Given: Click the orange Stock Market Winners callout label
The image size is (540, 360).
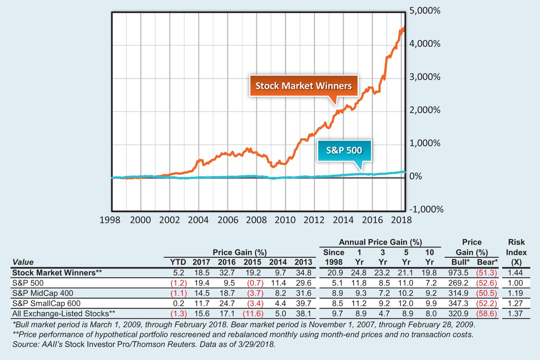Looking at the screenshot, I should point(303,86).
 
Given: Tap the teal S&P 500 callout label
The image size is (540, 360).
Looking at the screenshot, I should point(344,150).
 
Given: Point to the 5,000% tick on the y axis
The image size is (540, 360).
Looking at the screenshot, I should point(425,11).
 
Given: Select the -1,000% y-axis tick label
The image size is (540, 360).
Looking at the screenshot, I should point(427,210).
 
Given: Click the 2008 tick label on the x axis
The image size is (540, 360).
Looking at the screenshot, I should point(256,220).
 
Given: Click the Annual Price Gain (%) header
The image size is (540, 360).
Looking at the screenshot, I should point(380,242).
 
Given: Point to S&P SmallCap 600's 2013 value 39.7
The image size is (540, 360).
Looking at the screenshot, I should point(303,303).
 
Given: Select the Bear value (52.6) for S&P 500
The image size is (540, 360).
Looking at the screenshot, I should point(487,283).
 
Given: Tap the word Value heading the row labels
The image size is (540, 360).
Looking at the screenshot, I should point(23,262).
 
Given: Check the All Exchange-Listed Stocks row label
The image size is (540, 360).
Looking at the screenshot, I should point(63,314).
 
